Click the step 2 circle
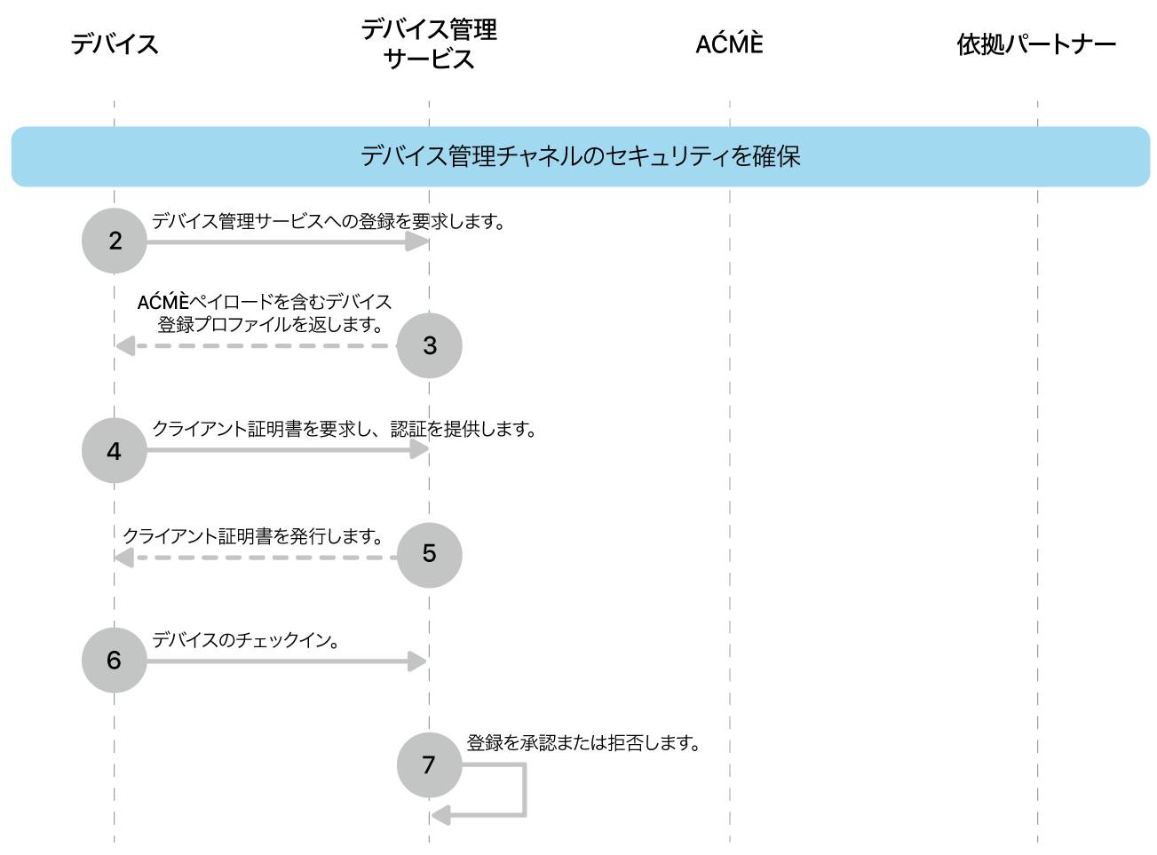click(115, 241)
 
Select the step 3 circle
click(430, 345)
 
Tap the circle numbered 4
click(115, 451)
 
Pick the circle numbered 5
click(430, 555)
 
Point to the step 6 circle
click(115, 660)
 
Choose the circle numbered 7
click(430, 764)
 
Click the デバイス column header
click(115, 44)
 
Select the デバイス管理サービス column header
click(430, 44)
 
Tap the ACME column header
click(730, 44)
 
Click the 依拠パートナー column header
click(1036, 44)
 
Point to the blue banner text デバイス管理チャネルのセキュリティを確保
click(581, 156)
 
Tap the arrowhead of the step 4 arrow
click(419, 450)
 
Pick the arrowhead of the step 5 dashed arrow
click(125, 558)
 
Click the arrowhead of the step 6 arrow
click(417, 661)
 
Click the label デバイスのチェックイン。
click(246, 640)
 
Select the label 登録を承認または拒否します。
click(583, 743)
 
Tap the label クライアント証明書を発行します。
click(254, 536)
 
